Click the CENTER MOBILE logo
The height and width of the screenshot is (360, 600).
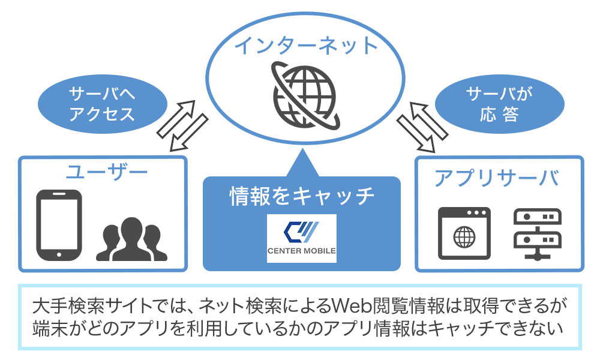tap(302, 238)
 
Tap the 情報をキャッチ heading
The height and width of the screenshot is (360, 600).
tap(302, 196)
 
